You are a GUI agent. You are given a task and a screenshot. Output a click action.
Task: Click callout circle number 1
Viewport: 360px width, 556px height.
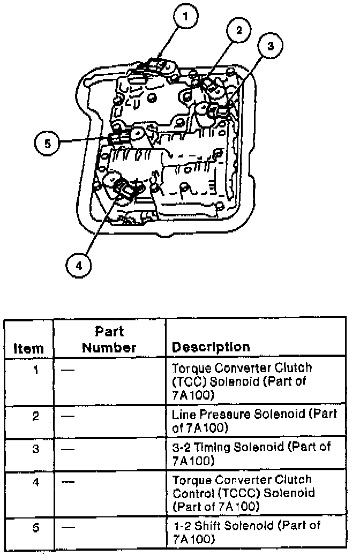pyautogui.click(x=185, y=16)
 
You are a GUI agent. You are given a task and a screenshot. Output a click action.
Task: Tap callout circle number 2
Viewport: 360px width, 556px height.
pyautogui.click(x=239, y=30)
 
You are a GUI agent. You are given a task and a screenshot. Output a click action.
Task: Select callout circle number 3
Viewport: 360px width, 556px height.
pyautogui.click(x=270, y=46)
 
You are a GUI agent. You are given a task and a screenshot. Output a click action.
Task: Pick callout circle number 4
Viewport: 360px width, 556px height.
pyautogui.click(x=78, y=265)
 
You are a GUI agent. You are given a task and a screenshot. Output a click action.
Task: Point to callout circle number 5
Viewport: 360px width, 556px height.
pyautogui.click(x=47, y=143)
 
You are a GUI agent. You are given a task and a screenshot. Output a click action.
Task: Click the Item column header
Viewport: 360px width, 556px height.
pyautogui.click(x=28, y=348)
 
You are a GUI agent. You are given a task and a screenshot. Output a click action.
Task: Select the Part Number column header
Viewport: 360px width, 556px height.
pyautogui.click(x=109, y=340)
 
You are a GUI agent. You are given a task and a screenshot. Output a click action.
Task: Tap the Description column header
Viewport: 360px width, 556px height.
pyautogui.click(x=211, y=347)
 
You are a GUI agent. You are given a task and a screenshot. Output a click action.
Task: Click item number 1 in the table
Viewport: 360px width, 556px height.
pyautogui.click(x=35, y=370)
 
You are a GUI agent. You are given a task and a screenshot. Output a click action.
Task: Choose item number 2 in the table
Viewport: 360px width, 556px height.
pyautogui.click(x=35, y=416)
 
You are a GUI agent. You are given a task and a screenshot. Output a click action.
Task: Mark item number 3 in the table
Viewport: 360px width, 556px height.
pyautogui.click(x=35, y=448)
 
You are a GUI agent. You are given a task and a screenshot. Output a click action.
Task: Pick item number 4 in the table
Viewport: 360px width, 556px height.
pyautogui.click(x=35, y=482)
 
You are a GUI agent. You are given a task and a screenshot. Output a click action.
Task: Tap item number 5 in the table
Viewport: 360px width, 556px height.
pyautogui.click(x=35, y=527)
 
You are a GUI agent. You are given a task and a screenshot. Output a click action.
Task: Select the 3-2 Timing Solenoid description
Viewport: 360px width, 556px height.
pyautogui.click(x=251, y=453)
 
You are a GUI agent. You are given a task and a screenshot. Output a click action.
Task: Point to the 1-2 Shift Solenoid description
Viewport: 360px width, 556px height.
pyautogui.click(x=247, y=532)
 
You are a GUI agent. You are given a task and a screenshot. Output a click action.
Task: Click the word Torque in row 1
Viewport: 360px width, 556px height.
pyautogui.click(x=192, y=369)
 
